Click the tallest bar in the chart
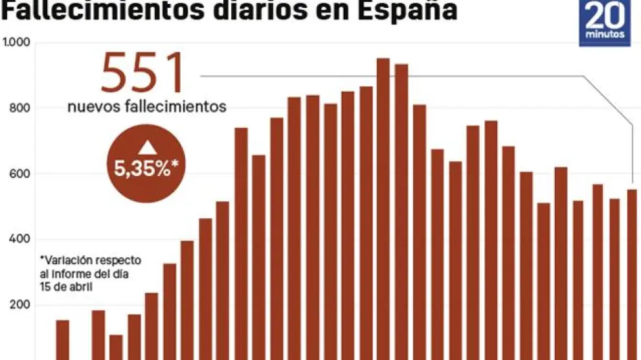click(x=383, y=207)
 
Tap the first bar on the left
click(x=63, y=339)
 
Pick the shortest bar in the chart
click(x=116, y=346)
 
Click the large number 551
click(x=144, y=73)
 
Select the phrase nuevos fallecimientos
click(x=147, y=106)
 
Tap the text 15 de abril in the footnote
click(x=65, y=286)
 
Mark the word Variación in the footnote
click(x=67, y=260)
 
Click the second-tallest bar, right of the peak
click(x=401, y=210)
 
